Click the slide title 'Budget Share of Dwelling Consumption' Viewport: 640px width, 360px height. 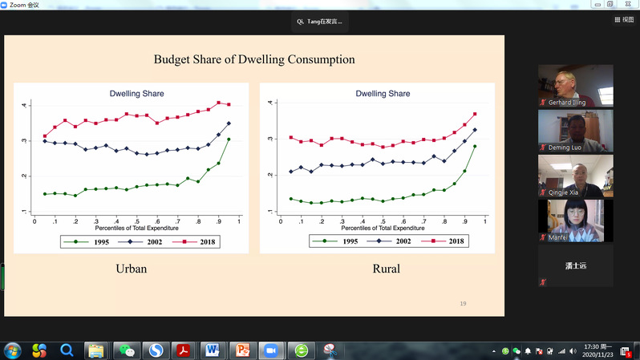pos(253,59)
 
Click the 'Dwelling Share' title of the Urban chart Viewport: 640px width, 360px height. pos(136,94)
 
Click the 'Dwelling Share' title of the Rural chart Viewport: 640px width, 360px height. pos(383,94)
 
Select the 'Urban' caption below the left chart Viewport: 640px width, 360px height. pos(132,269)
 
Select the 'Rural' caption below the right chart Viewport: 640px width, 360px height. pos(387,269)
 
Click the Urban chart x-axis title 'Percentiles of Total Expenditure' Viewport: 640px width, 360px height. pos(136,229)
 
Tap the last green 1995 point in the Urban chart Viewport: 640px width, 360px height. pos(229,140)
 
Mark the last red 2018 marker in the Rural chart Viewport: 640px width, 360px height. pos(475,114)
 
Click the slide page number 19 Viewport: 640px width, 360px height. pos(463,303)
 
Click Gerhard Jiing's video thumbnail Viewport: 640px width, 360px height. pos(575,86)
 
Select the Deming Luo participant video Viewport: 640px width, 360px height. pos(575,131)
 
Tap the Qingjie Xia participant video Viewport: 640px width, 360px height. pos(575,176)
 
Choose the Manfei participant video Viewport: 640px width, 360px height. pos(575,220)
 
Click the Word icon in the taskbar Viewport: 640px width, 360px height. pos(213,350)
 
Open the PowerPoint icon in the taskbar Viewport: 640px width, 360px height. pos(241,350)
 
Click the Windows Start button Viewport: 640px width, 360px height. pos(13,350)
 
